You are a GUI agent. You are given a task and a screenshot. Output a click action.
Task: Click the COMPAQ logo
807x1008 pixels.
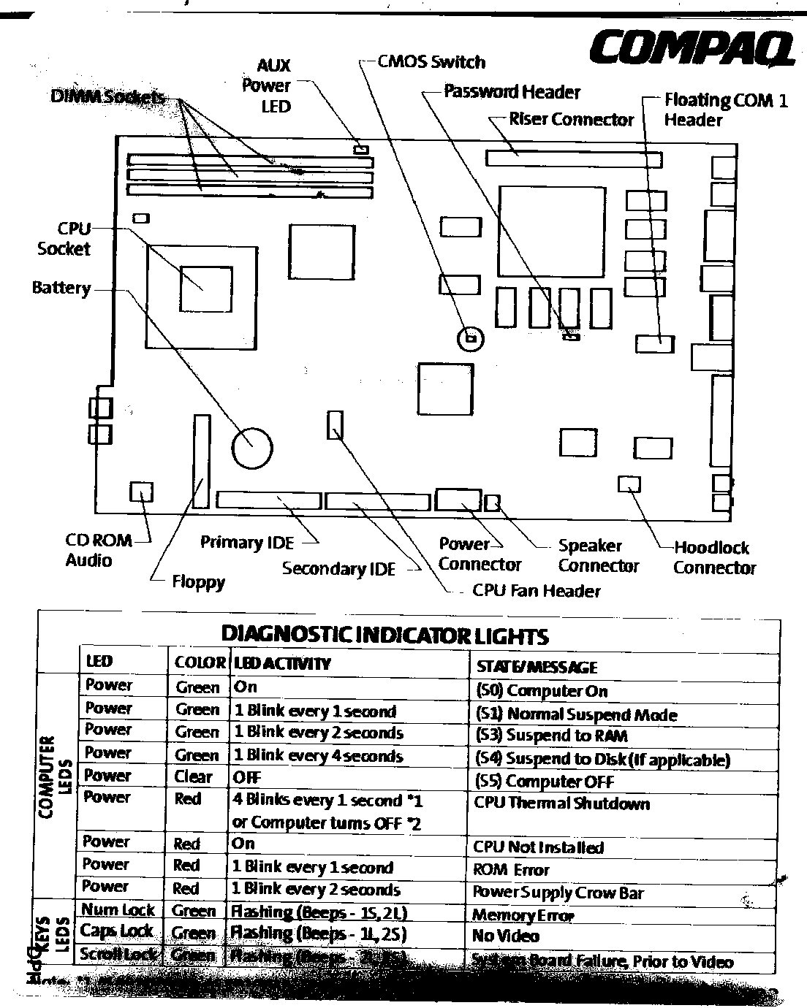(692, 49)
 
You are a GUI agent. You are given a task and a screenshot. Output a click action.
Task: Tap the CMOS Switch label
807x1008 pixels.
(431, 62)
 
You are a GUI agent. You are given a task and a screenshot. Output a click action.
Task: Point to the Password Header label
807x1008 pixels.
(512, 92)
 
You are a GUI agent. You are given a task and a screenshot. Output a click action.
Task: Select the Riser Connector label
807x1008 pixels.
(571, 119)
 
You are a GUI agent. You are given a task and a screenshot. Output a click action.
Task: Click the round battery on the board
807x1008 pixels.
(252, 446)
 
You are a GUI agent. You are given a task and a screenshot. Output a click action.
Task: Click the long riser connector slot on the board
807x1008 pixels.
(574, 159)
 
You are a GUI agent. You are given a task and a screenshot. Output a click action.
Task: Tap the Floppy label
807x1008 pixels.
(198, 582)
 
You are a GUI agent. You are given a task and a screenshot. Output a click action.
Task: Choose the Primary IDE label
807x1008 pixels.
(247, 543)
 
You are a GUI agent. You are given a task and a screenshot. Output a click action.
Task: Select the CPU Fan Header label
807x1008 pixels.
(536, 590)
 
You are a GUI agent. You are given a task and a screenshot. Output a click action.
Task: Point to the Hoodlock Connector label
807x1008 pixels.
(713, 557)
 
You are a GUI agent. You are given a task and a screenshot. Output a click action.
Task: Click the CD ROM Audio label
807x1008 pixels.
(99, 550)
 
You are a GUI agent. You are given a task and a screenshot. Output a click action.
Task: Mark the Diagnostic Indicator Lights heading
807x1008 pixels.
(384, 635)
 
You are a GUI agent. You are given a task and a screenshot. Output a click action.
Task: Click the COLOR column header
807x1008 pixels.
(199, 663)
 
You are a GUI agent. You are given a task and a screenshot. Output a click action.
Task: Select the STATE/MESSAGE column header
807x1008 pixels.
(537, 666)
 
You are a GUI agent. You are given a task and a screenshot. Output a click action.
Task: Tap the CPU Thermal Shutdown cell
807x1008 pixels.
(561, 803)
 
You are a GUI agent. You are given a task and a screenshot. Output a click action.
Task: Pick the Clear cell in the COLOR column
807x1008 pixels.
(193, 776)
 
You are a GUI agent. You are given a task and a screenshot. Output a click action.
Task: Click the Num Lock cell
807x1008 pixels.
(117, 909)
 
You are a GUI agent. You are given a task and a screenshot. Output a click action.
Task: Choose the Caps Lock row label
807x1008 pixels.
(116, 931)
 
